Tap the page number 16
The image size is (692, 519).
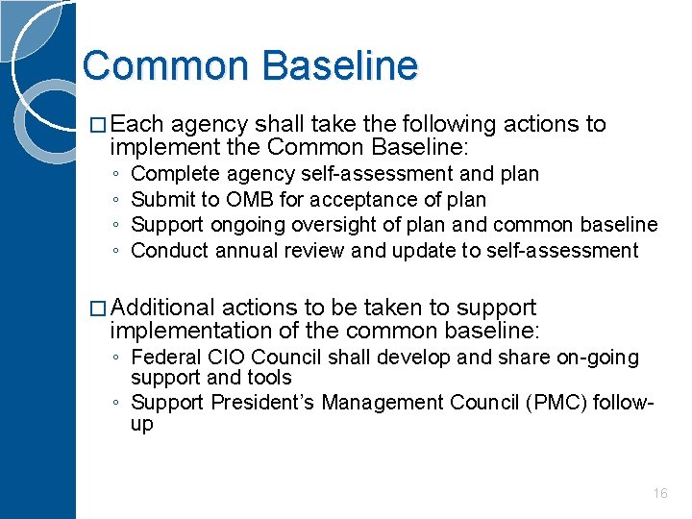(x=660, y=493)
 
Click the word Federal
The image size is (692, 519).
(x=164, y=358)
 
